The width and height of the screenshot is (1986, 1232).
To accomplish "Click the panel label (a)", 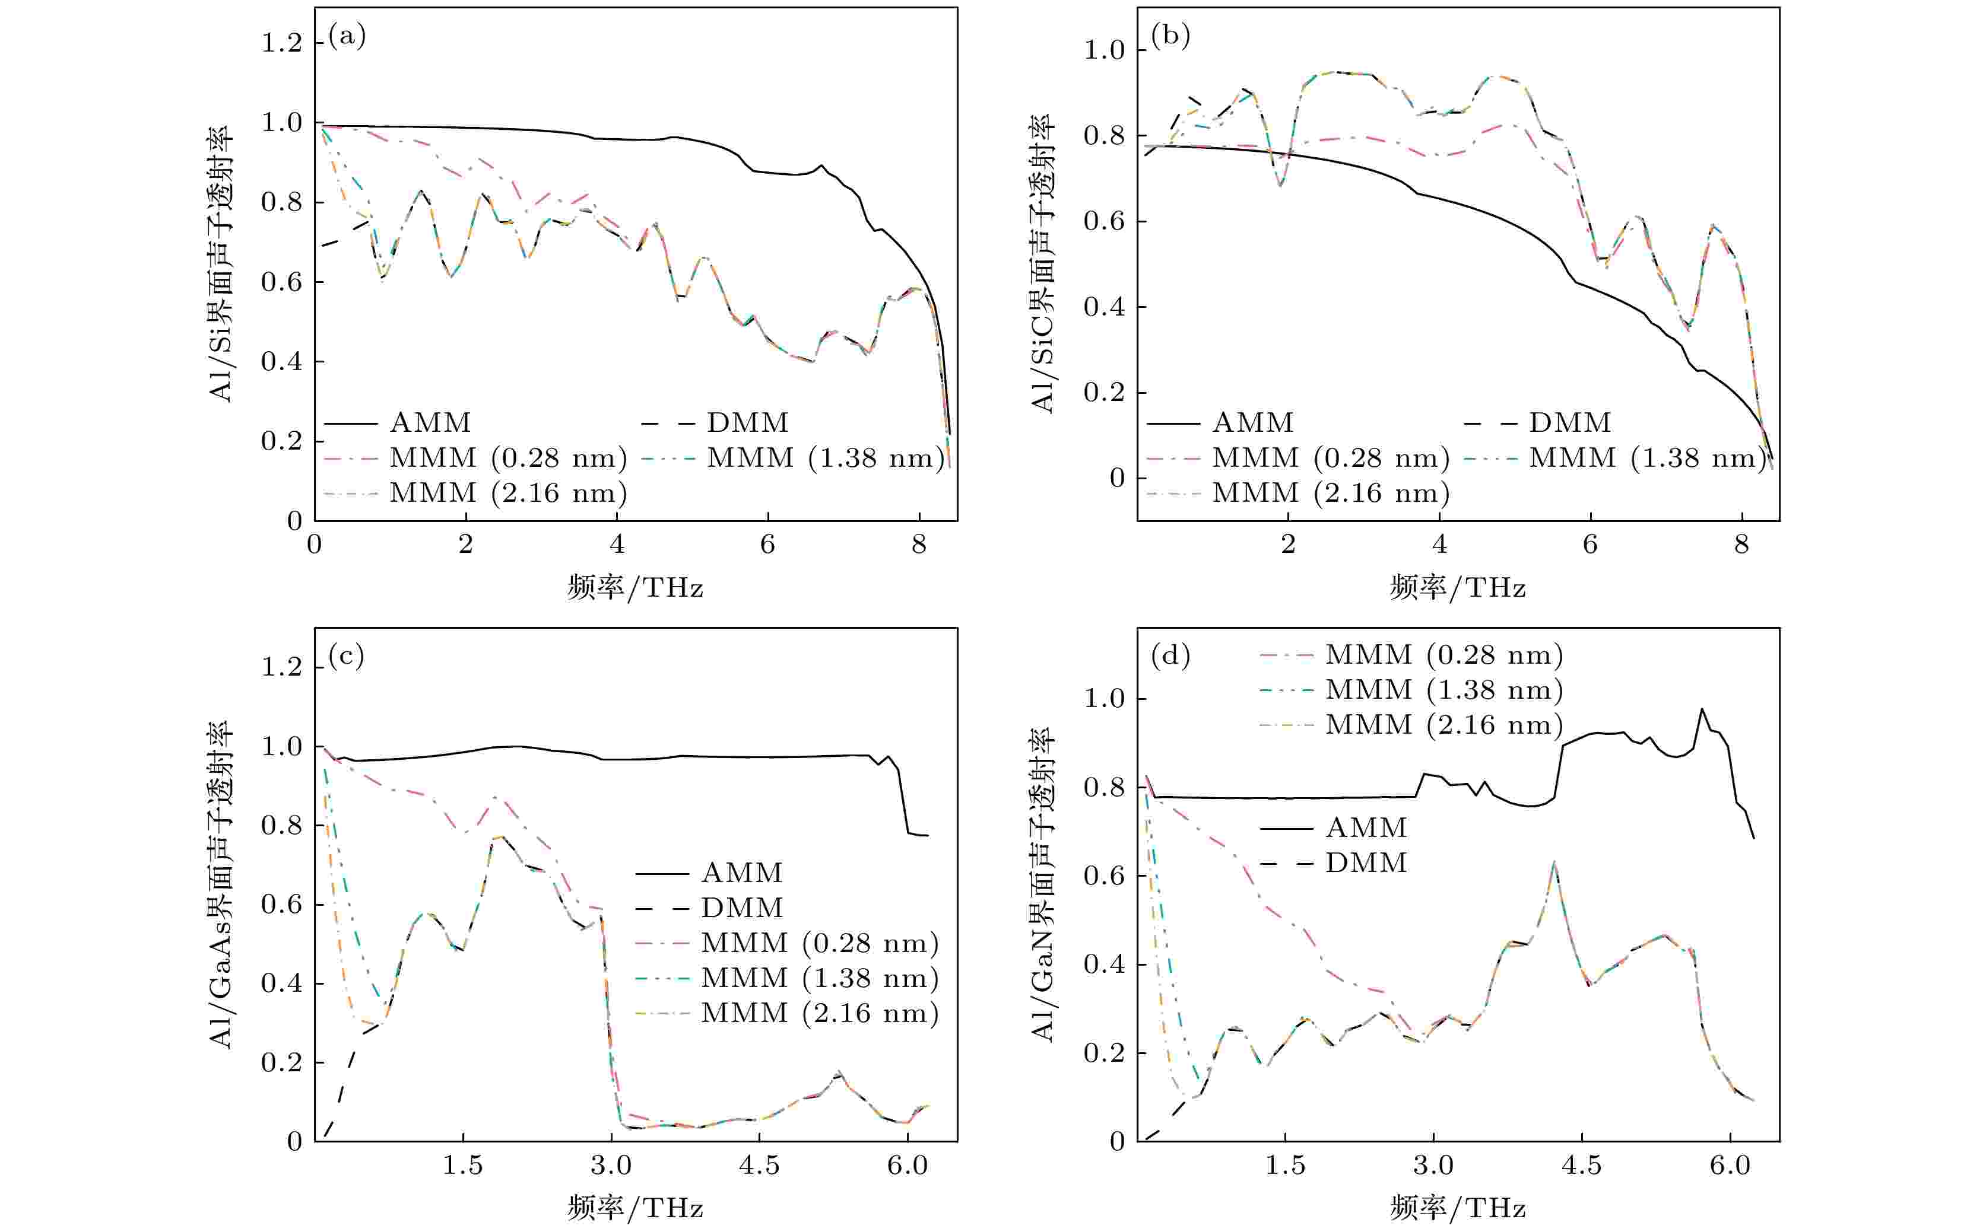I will (x=347, y=36).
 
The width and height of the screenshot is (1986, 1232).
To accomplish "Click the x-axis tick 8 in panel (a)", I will (x=919, y=545).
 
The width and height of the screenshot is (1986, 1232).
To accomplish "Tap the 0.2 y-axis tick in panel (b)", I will (x=1104, y=393).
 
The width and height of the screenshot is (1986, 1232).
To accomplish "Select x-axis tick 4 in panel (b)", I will (x=1440, y=545).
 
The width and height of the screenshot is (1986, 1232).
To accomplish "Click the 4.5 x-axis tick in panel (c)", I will (x=759, y=1165).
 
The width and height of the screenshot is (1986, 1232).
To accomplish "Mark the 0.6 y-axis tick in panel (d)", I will (x=1104, y=876).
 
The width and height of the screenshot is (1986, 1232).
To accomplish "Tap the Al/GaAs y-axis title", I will (x=221, y=884).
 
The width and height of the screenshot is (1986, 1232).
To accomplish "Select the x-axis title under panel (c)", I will (x=635, y=1208).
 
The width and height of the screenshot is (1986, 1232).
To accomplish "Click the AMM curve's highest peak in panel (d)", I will (x=1702, y=709).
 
